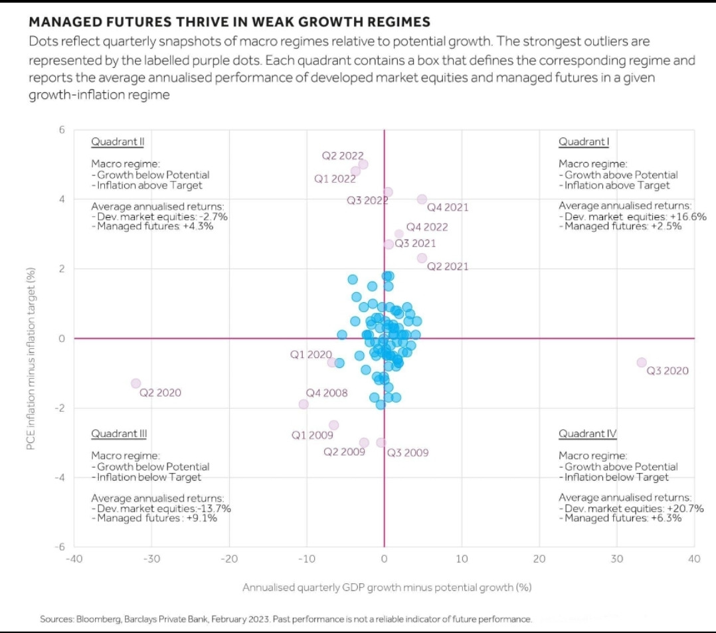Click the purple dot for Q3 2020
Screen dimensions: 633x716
coord(641,362)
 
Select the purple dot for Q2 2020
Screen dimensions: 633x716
coord(135,383)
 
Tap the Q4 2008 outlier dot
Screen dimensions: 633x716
coord(304,404)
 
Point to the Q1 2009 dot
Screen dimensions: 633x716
coord(333,425)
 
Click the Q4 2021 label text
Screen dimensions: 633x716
coord(447,207)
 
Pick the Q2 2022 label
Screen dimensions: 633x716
coord(343,155)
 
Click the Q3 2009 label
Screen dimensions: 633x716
coord(407,453)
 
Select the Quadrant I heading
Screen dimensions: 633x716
coord(584,141)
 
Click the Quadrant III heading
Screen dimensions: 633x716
coord(118,434)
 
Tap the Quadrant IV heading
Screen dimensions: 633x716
coord(587,434)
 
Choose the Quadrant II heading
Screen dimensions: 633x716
coord(116,141)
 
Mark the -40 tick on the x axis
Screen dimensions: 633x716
coord(74,559)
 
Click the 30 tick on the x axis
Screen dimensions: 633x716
coord(617,559)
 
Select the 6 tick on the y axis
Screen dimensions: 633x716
coord(62,130)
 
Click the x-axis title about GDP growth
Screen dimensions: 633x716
coord(387,587)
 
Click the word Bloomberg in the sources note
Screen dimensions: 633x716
coord(98,619)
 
